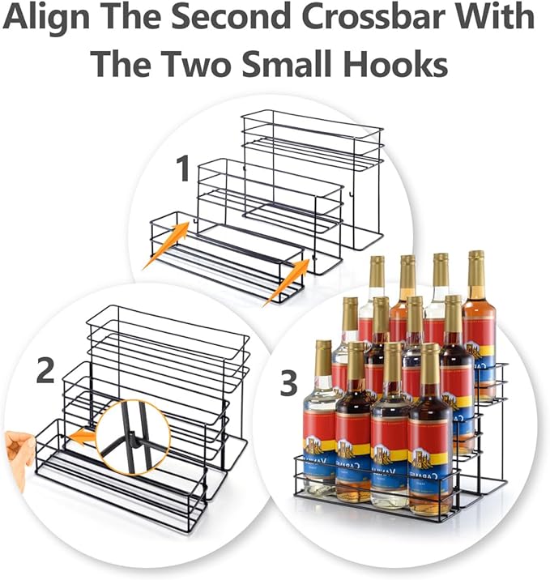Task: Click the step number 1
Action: (x=184, y=170)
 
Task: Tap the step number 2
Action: (x=46, y=370)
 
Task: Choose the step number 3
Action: (x=288, y=385)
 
